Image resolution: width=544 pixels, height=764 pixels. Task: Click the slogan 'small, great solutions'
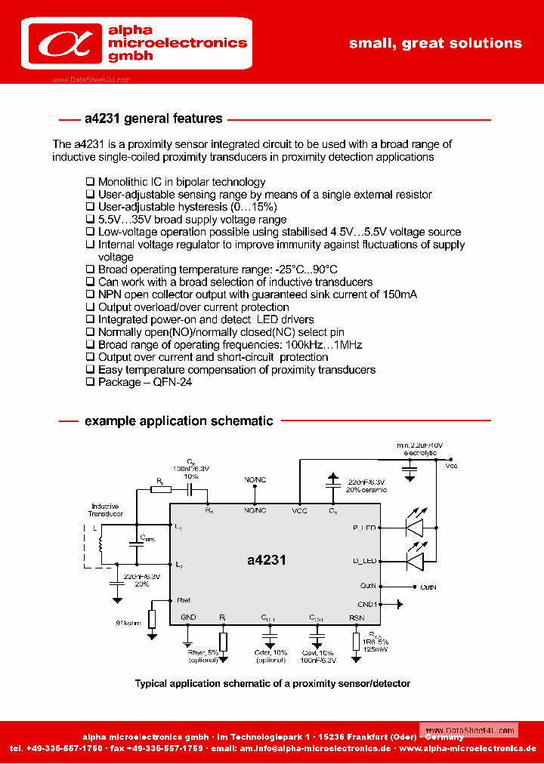point(435,43)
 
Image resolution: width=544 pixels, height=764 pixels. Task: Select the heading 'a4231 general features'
point(153,119)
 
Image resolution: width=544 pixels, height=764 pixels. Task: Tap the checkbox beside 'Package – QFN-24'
point(90,382)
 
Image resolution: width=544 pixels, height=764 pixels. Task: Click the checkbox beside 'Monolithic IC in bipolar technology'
point(90,182)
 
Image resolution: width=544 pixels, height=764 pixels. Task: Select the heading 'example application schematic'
point(178,421)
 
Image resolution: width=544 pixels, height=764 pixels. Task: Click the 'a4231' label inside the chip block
point(266,560)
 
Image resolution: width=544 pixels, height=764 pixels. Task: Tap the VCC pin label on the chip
point(300,511)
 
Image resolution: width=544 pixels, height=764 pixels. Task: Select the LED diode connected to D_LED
point(415,561)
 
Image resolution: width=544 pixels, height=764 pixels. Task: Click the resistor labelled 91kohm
point(152,619)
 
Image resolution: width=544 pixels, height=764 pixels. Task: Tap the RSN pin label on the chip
point(356,618)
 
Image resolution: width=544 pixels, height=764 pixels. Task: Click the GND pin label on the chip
point(188,618)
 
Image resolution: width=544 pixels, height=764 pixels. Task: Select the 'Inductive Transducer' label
point(105,510)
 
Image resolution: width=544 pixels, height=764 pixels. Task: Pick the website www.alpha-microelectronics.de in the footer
point(468,748)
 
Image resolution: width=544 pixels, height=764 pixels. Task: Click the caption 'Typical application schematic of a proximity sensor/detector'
point(272,683)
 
